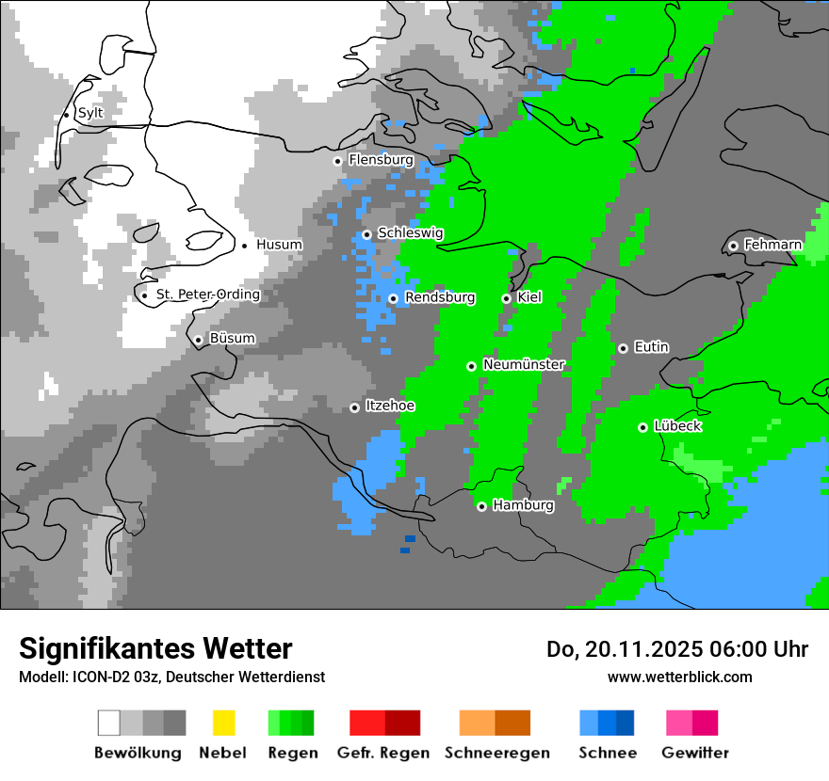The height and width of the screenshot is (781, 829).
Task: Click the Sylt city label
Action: pyautogui.click(x=90, y=113)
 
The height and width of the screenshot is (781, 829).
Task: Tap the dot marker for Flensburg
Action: pyautogui.click(x=337, y=161)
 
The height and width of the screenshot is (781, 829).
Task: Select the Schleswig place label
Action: pyautogui.click(x=410, y=233)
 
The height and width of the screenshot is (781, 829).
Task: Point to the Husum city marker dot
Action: pyautogui.click(x=245, y=246)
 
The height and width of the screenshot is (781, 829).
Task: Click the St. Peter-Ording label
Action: pyautogui.click(x=207, y=295)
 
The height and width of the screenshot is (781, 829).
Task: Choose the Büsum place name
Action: pyautogui.click(x=232, y=339)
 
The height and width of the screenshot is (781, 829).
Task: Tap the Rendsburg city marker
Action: pyautogui.click(x=393, y=298)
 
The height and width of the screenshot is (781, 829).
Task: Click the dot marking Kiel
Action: pyautogui.click(x=506, y=298)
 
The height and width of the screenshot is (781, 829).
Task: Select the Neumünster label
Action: pyautogui.click(x=524, y=365)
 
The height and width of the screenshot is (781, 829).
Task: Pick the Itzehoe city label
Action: pyautogui.click(x=390, y=406)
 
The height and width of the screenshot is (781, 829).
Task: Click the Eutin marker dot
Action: pyautogui.click(x=623, y=348)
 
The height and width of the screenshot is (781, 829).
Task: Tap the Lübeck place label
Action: pyautogui.click(x=676, y=426)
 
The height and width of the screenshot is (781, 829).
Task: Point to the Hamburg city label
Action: pyautogui.click(x=523, y=505)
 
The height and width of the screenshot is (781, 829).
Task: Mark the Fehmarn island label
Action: pyautogui.click(x=772, y=245)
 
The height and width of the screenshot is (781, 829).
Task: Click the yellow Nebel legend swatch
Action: pyautogui.click(x=223, y=723)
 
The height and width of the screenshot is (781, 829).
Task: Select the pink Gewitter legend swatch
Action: pyautogui.click(x=692, y=723)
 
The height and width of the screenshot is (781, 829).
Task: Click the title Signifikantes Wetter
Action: pyautogui.click(x=155, y=648)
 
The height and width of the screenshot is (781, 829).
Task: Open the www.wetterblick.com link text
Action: pyautogui.click(x=679, y=677)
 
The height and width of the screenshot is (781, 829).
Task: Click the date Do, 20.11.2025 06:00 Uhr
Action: pyautogui.click(x=677, y=649)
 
